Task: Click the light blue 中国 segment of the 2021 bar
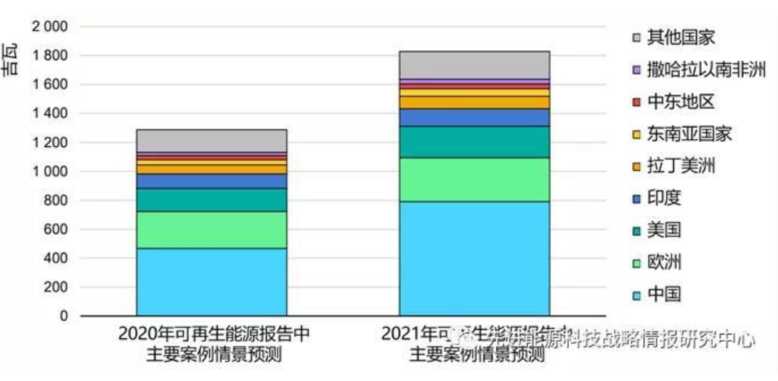tap(474, 258)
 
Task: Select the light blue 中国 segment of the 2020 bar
tap(211, 281)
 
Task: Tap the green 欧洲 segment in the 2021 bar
tap(474, 179)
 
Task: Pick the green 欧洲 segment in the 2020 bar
tap(211, 230)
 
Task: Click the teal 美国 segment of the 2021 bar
tap(474, 142)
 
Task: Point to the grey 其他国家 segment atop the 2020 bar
tap(211, 140)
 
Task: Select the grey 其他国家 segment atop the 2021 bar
tap(474, 65)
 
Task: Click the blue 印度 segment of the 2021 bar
tap(474, 117)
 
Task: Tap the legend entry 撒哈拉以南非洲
tap(697, 71)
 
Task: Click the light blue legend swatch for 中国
tap(636, 295)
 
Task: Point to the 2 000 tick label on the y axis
tap(49, 27)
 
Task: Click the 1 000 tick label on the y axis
tap(49, 172)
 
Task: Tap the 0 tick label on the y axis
tap(64, 316)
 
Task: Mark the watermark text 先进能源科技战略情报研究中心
tap(611, 338)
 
